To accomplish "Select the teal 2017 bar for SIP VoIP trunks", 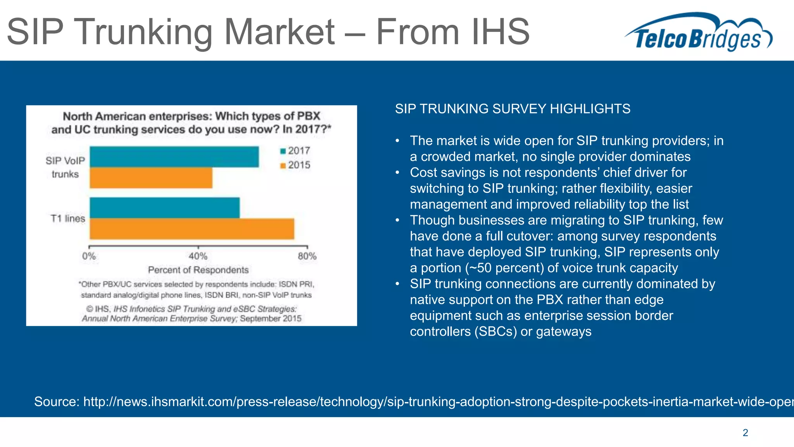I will coord(174,157).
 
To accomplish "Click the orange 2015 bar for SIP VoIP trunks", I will coord(151,178).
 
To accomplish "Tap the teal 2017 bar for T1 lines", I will coord(164,208).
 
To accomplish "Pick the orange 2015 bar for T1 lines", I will coord(192,229).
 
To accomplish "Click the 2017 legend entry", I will coord(295,151).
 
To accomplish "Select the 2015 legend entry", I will coord(295,165).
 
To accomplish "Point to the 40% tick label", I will coord(198,256).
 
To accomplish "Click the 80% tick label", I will coord(307,256).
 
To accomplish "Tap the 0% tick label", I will coord(89,256).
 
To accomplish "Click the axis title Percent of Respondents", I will coord(198,270).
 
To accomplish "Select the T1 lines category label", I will coord(68,218).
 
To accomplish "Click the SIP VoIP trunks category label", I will coord(65,167).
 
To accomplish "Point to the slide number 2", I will coord(745,433).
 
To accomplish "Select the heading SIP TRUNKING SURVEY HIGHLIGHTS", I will coord(513,109).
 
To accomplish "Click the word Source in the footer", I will coord(57,401).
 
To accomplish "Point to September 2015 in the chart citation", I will coord(271,319).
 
